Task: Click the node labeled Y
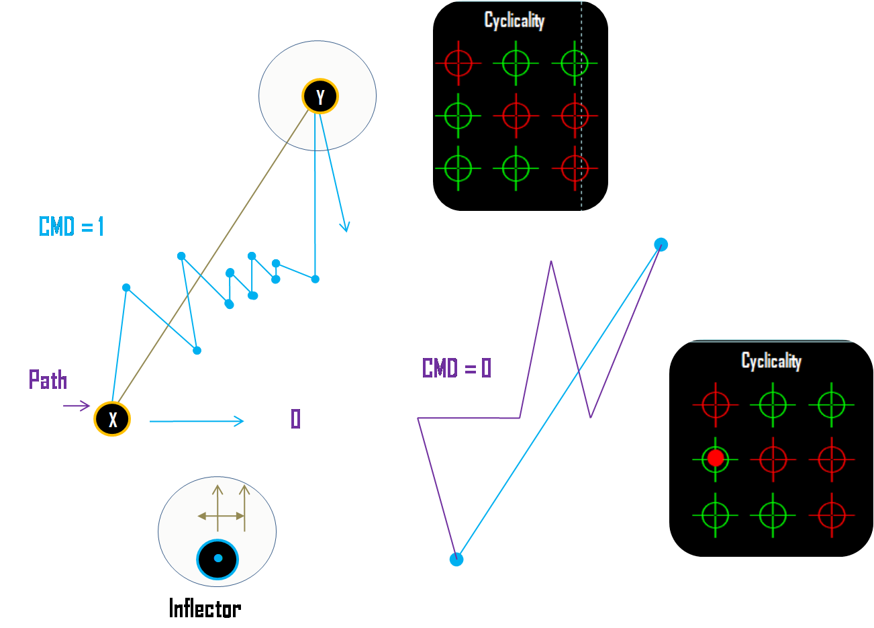tap(320, 97)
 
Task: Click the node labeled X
tap(112, 419)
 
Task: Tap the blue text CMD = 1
tap(72, 227)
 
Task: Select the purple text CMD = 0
tap(456, 368)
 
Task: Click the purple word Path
tap(48, 380)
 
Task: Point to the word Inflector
tap(205, 609)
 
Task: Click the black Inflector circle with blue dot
tap(217, 559)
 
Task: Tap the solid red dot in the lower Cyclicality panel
tap(716, 459)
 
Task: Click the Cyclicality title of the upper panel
tap(514, 21)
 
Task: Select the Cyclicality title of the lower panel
tap(771, 361)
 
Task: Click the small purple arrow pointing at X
tap(77, 406)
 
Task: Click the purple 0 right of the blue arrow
tap(295, 419)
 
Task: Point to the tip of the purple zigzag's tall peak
tap(551, 262)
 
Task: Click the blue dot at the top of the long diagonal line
tap(661, 244)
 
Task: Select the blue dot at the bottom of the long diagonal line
tap(456, 559)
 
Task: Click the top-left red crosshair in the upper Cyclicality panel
tap(458, 64)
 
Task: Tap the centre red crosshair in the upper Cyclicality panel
tap(516, 116)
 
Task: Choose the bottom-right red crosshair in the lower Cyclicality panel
tap(831, 515)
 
